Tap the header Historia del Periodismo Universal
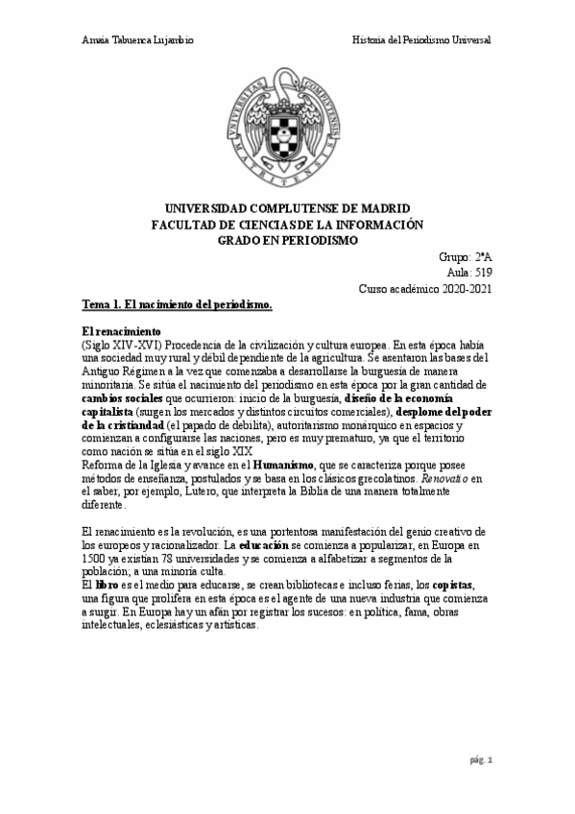coord(421,40)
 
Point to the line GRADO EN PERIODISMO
coord(288,240)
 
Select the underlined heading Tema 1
coord(178,304)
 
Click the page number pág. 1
coord(480,761)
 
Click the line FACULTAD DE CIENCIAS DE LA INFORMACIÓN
coord(288,225)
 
